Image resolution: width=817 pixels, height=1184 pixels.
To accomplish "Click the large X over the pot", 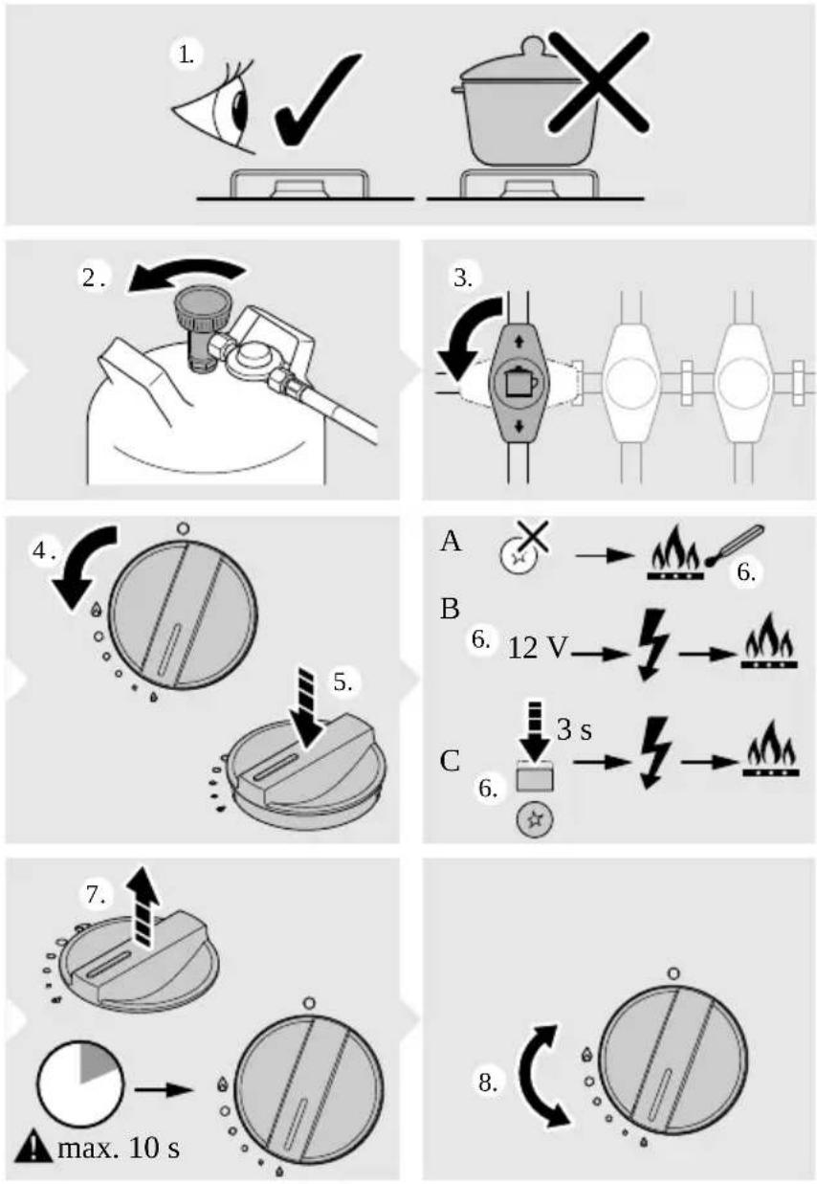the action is tap(597, 82).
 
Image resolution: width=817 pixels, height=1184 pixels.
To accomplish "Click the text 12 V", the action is tap(539, 649).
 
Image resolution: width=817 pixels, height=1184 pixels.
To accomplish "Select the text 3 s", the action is tap(574, 730).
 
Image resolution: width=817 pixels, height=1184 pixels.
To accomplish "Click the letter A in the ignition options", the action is tap(451, 541).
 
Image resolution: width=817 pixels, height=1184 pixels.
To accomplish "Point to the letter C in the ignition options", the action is tap(451, 762).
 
